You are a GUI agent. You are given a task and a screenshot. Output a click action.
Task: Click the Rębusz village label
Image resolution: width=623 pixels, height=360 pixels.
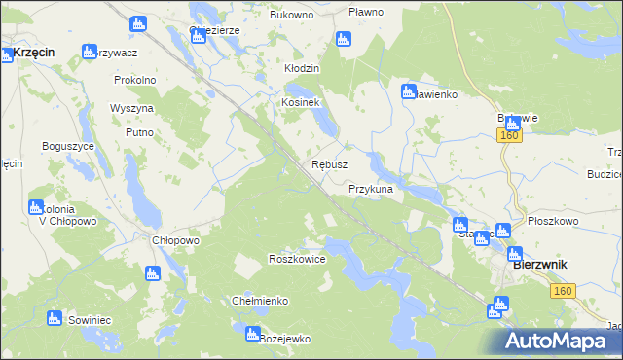[x=329, y=164]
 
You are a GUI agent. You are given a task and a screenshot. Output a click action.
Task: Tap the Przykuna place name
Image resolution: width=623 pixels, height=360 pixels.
[x=370, y=189]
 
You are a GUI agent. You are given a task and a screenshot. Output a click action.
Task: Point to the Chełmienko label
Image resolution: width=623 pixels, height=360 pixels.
[x=259, y=301]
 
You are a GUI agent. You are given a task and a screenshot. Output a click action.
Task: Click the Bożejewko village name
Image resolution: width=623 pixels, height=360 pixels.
[x=284, y=338]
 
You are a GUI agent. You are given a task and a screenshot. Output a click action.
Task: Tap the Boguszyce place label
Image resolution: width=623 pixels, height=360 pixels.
[x=67, y=145]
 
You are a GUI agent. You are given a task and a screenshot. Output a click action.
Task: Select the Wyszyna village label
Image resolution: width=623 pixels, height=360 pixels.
[x=131, y=107]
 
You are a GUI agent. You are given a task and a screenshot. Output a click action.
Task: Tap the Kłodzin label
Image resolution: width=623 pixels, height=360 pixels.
[x=302, y=69]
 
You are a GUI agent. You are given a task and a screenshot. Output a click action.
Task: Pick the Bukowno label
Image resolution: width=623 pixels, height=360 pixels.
[x=291, y=17]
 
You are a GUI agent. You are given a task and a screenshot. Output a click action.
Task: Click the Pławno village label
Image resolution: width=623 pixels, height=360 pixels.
[x=366, y=12]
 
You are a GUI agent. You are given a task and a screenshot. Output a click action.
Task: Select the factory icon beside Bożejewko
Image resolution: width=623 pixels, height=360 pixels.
[x=250, y=334]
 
